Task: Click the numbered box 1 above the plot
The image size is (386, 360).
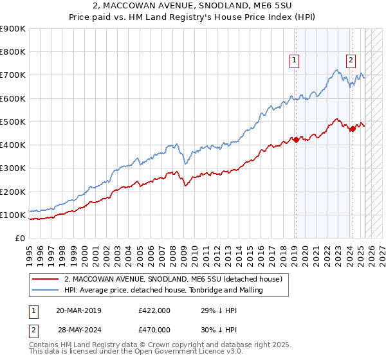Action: click(x=294, y=60)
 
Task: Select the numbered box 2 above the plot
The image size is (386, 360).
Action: click(x=351, y=60)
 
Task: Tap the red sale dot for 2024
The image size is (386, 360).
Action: click(x=353, y=129)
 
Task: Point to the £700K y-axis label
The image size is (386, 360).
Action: click(x=13, y=75)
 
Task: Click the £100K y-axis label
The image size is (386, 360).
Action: click(x=13, y=215)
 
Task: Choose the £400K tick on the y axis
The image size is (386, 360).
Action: click(x=13, y=145)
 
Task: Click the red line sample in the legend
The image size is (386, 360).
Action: click(x=45, y=279)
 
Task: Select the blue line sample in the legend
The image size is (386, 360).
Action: click(x=45, y=290)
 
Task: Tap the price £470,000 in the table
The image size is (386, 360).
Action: click(x=154, y=329)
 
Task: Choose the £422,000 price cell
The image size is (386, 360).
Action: click(x=154, y=310)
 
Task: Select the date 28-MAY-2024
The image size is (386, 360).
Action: click(x=78, y=329)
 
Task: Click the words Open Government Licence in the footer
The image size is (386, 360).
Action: click(x=170, y=353)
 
